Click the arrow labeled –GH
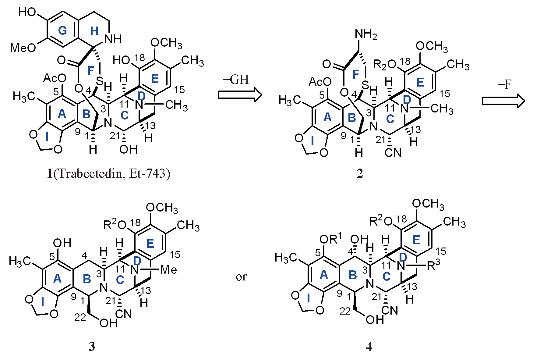pos(240,94)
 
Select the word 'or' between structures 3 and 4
pos(241,276)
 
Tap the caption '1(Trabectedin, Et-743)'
pos(108,173)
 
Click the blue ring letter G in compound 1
pos(62,30)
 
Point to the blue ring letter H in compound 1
pos(94,31)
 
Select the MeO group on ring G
pos(23,48)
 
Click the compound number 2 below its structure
pos(360,173)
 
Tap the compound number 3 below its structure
pos(92,346)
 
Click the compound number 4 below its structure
pos(369,346)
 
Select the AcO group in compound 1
pos(55,78)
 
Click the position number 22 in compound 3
pos(80,317)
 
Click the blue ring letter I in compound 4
pos(309,298)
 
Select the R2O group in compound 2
pos(385,65)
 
